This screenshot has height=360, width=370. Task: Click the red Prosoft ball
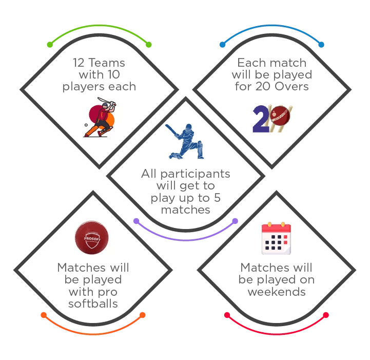coord(92,237)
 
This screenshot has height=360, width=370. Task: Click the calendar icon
coord(276,238)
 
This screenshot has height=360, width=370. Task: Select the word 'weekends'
coord(277,292)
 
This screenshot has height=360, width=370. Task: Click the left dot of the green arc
coord(50,45)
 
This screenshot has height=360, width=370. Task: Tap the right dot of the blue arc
coord(321,45)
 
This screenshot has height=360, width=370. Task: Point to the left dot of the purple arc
coord(136,221)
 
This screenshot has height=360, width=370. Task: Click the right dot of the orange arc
coord(142,315)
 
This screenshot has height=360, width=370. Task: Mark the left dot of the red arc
coord(226,315)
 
